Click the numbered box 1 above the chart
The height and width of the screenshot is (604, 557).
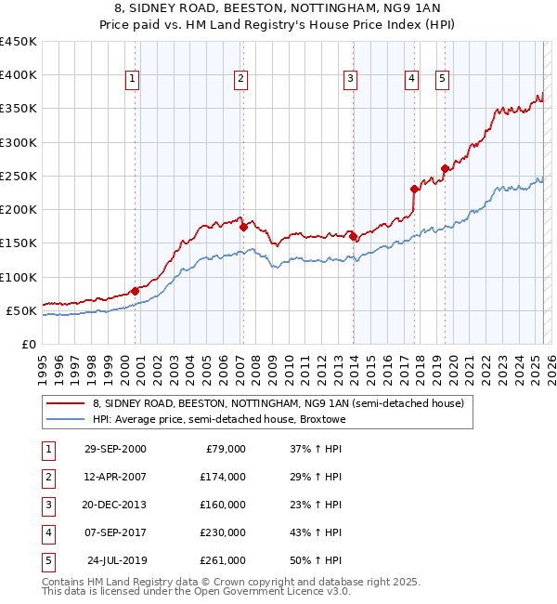pyautogui.click(x=134, y=80)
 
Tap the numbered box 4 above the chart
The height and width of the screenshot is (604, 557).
pyautogui.click(x=410, y=80)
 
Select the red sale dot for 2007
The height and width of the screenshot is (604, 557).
pyautogui.click(x=243, y=227)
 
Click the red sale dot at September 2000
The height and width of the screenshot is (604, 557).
pyautogui.click(x=136, y=291)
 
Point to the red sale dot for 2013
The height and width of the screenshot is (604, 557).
pyautogui.click(x=354, y=236)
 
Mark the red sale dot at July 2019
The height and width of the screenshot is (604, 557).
pyautogui.click(x=445, y=168)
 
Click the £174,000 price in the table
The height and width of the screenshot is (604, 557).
pyautogui.click(x=222, y=477)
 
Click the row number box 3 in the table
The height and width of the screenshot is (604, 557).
pyautogui.click(x=47, y=505)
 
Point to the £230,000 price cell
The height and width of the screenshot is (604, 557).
pyautogui.click(x=222, y=532)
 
